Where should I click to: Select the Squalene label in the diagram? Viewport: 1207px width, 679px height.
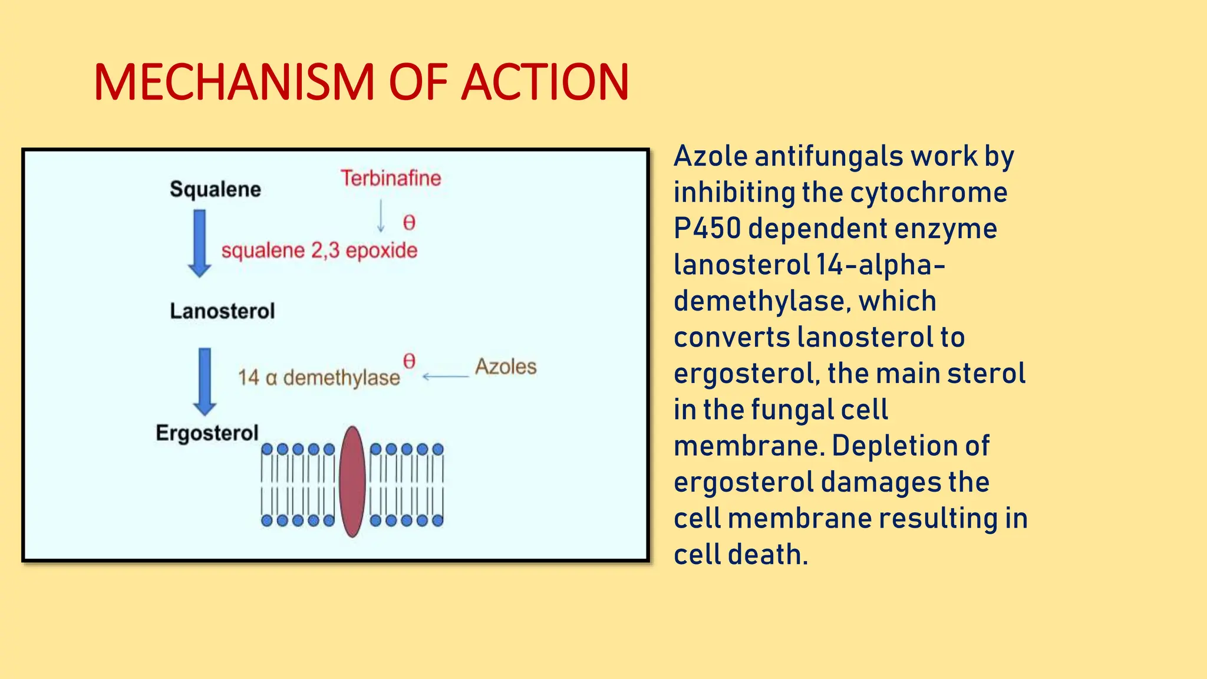(x=215, y=189)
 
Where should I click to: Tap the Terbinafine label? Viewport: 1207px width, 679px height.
(x=391, y=178)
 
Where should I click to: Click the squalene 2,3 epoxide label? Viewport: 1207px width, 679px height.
(x=319, y=250)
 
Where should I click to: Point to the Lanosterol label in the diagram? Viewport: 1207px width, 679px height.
(x=222, y=311)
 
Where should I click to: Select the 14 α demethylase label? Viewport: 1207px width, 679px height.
(x=319, y=377)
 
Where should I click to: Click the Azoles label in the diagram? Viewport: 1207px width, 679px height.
(x=506, y=367)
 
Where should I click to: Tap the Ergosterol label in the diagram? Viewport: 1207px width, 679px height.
(x=207, y=433)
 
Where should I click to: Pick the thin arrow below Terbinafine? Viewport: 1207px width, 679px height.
(x=381, y=216)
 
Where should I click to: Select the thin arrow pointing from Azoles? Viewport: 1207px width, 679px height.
(x=445, y=376)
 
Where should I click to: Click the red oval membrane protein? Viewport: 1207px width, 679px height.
(x=352, y=482)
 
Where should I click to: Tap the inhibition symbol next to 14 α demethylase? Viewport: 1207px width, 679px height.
(x=409, y=361)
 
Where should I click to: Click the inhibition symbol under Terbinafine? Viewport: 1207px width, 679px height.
(x=409, y=222)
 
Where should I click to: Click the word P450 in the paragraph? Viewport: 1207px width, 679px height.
(x=707, y=229)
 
